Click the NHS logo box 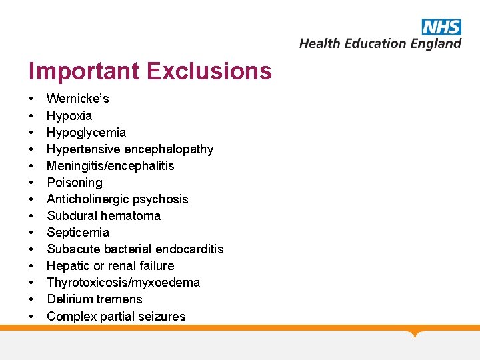point(441,26)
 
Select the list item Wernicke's point(78,99)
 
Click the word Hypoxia point(69,115)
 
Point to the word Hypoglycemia point(86,132)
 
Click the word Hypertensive point(83,149)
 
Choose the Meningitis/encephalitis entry point(111,165)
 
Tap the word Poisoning point(75,182)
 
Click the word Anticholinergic point(89,199)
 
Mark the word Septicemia point(78,232)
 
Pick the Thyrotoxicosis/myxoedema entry point(123,282)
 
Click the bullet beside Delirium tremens point(32,299)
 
